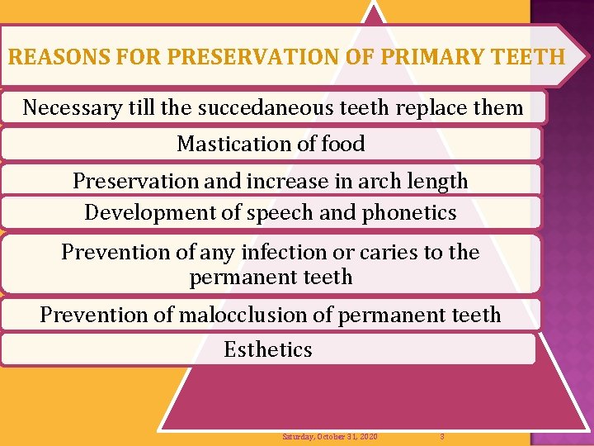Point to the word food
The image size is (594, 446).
click(342, 144)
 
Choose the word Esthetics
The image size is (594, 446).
click(268, 349)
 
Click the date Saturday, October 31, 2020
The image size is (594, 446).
click(330, 436)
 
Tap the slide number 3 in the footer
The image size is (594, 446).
click(442, 436)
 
